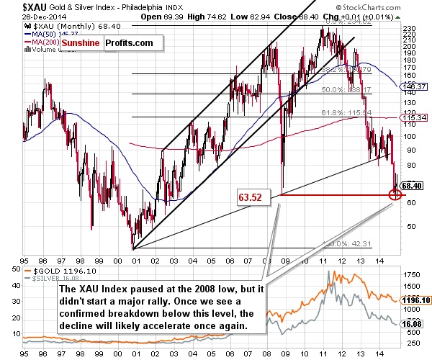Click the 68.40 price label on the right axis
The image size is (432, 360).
tap(411, 185)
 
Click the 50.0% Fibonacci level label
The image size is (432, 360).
tap(336, 90)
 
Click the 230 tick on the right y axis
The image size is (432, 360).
tap(410, 30)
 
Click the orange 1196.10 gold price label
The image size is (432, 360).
tap(415, 300)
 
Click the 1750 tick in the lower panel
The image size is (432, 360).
tap(413, 275)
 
